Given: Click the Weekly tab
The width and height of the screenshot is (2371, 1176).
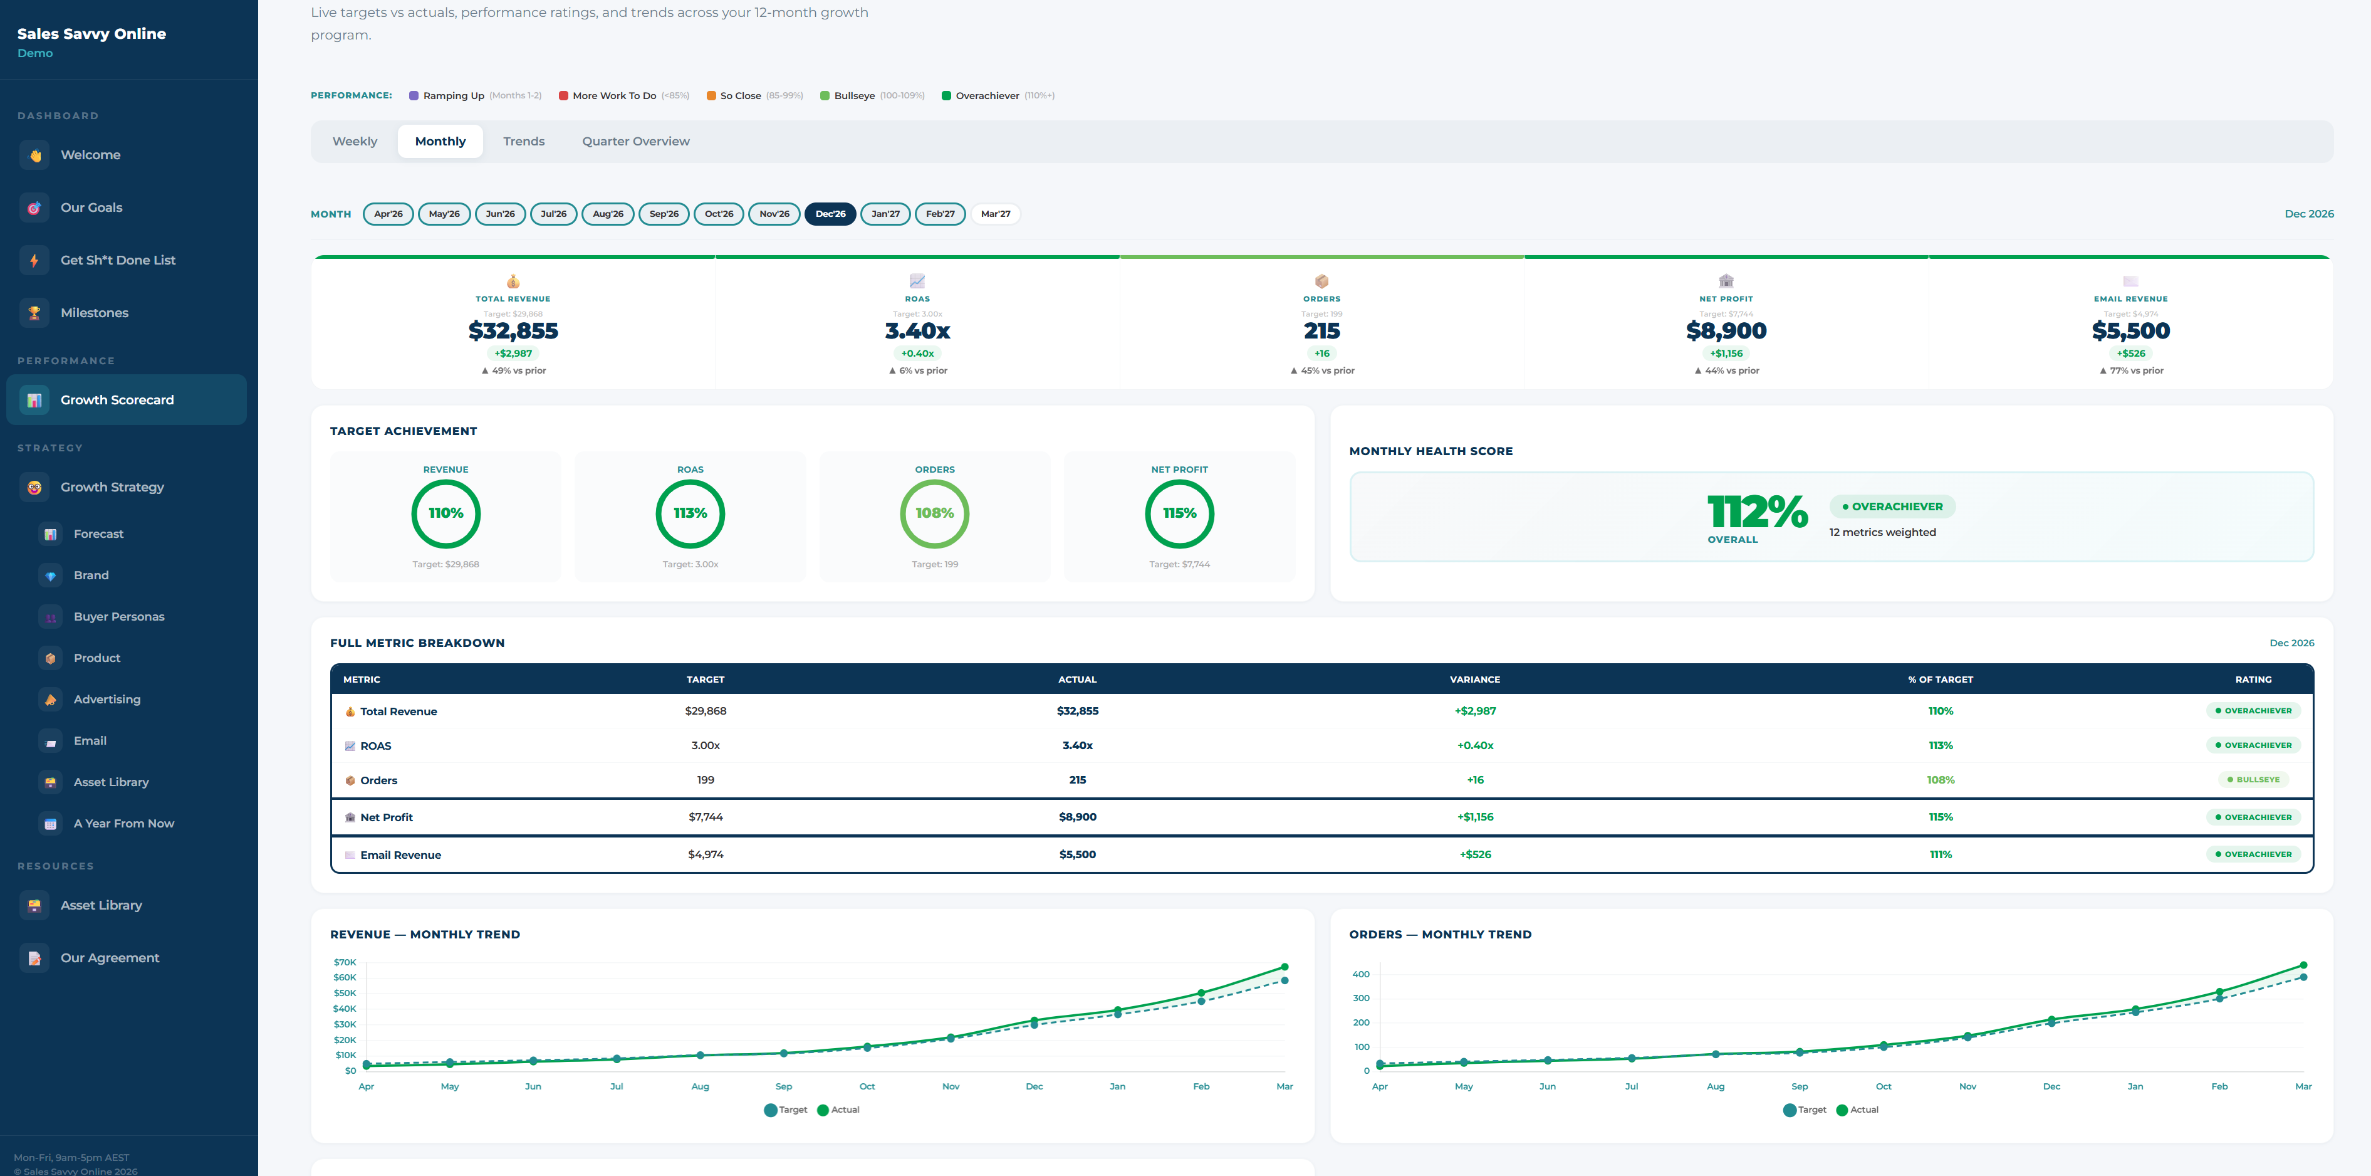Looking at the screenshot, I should click(x=355, y=141).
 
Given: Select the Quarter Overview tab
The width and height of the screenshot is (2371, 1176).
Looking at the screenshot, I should click(x=635, y=141).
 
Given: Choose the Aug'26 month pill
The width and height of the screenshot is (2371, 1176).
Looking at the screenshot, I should click(x=608, y=214).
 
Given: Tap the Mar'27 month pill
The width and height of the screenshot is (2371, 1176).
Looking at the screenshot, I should click(x=995, y=214).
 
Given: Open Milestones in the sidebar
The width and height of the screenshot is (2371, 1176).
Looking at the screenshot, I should click(x=94, y=313).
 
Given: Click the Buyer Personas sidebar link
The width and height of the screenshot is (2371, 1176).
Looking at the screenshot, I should click(x=118, y=617).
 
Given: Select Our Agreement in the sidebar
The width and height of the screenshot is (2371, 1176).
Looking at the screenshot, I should click(x=110, y=958).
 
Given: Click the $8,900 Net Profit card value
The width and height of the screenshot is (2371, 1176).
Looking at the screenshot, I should click(x=1726, y=330).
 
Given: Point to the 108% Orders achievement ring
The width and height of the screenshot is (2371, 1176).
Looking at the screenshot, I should click(x=934, y=513).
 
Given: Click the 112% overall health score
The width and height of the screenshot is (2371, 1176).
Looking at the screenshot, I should click(x=1756, y=512).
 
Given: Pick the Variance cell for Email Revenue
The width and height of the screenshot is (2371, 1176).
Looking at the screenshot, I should click(x=1474, y=854).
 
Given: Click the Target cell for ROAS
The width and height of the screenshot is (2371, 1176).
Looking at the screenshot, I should click(x=705, y=745).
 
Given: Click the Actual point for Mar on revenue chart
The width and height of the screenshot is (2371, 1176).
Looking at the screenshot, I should click(x=1284, y=967).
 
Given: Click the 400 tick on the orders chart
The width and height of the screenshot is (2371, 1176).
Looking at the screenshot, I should click(x=1360, y=974).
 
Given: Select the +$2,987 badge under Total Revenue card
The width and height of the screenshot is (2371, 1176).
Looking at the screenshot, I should click(x=513, y=354).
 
